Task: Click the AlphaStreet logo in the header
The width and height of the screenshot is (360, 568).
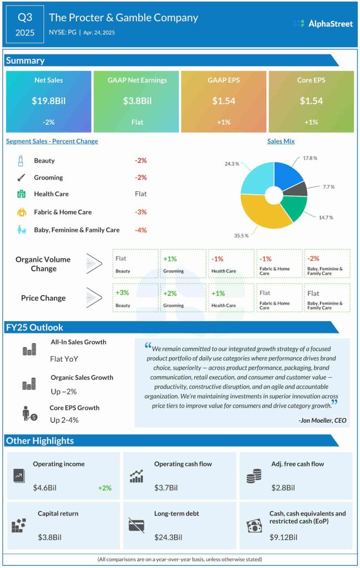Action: (323, 23)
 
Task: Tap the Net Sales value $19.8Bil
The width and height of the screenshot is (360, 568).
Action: (48, 101)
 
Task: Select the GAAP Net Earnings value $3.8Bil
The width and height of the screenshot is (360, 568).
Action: (137, 101)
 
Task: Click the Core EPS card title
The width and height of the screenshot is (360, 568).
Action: (311, 80)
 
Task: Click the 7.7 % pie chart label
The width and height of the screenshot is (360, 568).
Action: (328, 187)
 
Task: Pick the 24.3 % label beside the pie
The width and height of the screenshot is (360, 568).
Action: (232, 164)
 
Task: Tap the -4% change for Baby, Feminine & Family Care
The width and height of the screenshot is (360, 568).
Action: (140, 230)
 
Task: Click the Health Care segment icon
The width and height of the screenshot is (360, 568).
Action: (21, 194)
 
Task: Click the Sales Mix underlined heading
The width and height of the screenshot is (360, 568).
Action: (281, 141)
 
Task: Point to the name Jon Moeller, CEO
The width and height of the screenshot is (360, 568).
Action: (322, 420)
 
